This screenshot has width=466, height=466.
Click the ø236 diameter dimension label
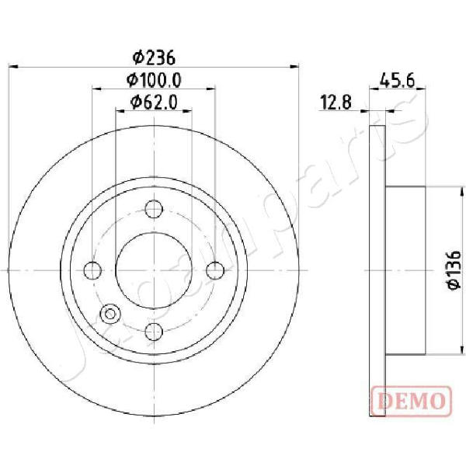(x=154, y=57)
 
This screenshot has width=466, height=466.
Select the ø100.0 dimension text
(x=154, y=80)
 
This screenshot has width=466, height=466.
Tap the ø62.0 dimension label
(x=154, y=103)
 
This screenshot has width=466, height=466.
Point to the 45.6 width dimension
(x=397, y=81)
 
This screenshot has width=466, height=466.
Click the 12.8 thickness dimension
(x=336, y=102)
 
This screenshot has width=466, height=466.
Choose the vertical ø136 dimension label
(x=454, y=270)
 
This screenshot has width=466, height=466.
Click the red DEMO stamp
(x=412, y=401)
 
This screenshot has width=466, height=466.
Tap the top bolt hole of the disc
(x=154, y=209)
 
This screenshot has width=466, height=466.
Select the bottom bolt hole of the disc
(x=154, y=332)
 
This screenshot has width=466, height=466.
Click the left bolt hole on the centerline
(x=92, y=270)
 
